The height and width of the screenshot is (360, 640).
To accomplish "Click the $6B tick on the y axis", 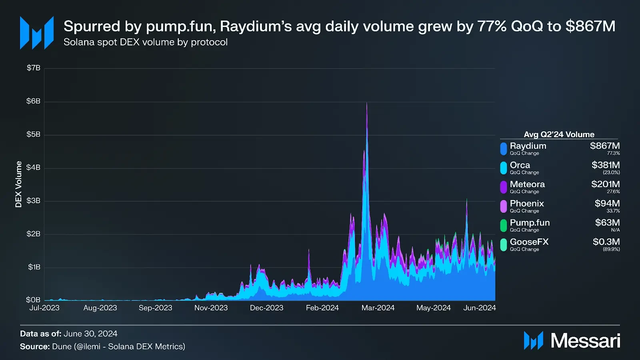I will [33, 101].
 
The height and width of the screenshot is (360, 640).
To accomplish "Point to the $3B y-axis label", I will [33, 201].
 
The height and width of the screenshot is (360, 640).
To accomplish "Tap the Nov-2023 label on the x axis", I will [211, 308].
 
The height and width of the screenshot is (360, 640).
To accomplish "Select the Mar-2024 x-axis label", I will [378, 308].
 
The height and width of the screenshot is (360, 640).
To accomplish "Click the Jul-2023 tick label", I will [44, 308].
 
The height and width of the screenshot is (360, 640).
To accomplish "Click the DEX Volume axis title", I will [18, 184].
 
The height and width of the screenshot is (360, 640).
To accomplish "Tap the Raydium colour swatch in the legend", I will [504, 149].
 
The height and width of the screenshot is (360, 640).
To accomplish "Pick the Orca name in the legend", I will [520, 165].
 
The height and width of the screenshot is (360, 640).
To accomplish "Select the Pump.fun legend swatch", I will [504, 226].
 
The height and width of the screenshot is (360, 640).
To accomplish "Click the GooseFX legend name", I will [529, 242].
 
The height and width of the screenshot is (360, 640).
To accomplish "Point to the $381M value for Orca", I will [606, 165].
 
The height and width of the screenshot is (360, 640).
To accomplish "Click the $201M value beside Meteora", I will [605, 184].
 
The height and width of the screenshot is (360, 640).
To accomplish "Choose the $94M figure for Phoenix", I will [607, 204].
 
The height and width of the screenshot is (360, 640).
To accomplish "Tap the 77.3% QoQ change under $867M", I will [613, 153].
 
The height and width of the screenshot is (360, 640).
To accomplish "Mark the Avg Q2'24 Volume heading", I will [559, 134].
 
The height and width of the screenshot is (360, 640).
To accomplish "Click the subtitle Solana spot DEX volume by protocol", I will [146, 42].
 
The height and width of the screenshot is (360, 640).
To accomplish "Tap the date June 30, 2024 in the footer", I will [90, 334].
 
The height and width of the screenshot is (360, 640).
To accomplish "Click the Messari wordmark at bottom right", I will [585, 341].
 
